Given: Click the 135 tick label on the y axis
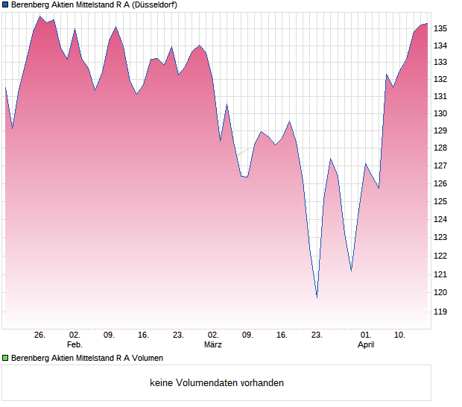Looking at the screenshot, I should point(440,28).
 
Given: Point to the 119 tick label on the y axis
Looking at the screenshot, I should point(440,312).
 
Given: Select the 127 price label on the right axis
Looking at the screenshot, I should point(440,166).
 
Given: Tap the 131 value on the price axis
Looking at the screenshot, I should point(440,96).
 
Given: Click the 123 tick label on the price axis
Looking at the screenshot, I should point(440,238).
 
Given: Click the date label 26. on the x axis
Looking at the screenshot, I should point(39,335).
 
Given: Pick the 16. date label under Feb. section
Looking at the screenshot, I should point(143,335).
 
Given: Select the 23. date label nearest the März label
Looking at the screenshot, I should point(178,335).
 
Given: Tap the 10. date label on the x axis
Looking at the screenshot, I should point(400,335).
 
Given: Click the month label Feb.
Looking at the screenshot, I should point(74,345).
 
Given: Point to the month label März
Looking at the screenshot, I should point(213,345).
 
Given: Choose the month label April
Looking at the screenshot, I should point(366,345).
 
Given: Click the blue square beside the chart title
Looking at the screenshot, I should point(5,4).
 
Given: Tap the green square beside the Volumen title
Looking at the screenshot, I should point(5,358).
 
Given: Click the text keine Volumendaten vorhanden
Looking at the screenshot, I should point(217,383).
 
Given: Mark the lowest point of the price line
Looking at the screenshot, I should point(317,297).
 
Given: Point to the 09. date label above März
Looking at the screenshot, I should point(247,335).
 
